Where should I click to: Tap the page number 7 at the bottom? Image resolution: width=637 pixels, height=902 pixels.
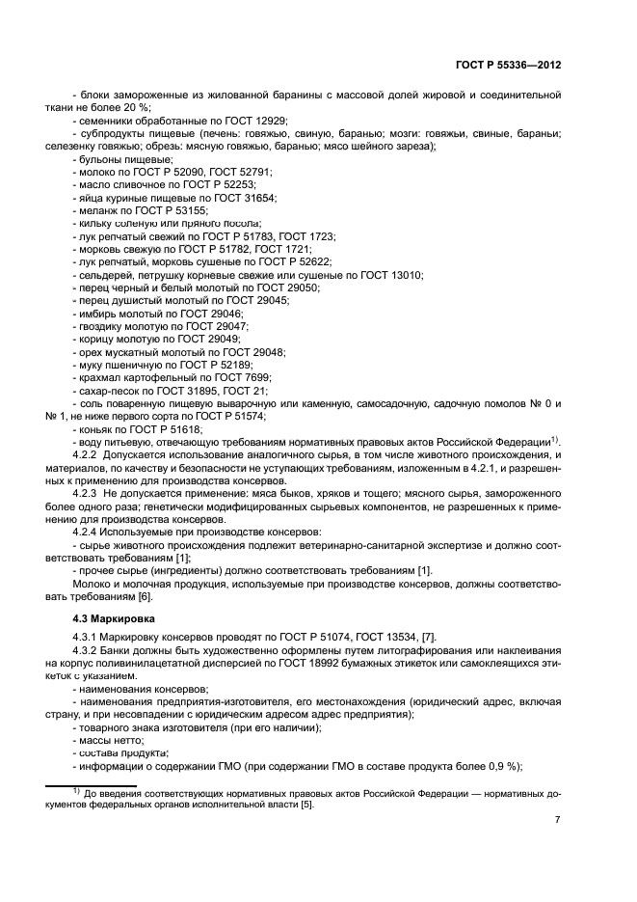click(558, 819)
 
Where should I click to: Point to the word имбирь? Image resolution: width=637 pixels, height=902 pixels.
click(97, 314)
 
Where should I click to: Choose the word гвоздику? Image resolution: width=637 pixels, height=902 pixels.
click(102, 328)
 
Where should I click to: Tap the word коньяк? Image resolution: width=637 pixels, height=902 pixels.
click(96, 428)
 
